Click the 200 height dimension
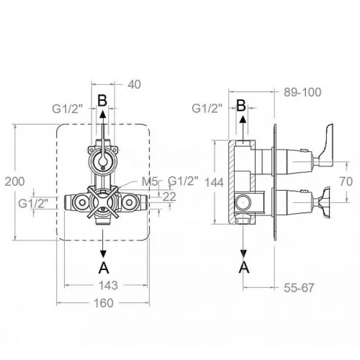[15, 181]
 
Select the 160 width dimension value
[103, 303]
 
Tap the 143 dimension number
[108, 285]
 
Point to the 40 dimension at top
[134, 84]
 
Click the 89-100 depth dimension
[302, 92]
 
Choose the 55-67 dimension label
[299, 288]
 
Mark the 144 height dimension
[214, 182]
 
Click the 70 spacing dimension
[346, 181]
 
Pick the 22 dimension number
[169, 197]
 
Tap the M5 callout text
[150, 181]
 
